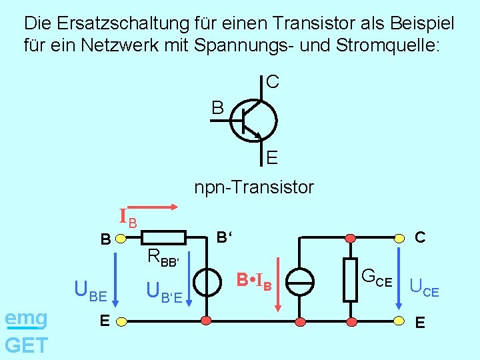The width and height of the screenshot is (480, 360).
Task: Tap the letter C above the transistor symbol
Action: (272, 82)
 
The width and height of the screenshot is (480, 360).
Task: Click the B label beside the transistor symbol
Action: (218, 107)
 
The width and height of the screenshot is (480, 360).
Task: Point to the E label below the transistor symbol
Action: (272, 158)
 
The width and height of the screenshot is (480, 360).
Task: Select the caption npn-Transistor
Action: (253, 187)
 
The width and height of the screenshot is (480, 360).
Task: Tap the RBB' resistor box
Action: (164, 237)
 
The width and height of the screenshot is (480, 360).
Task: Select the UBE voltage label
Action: (91, 290)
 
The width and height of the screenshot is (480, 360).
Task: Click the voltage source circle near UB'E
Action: (207, 283)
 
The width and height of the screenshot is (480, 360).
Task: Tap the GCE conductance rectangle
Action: (350, 280)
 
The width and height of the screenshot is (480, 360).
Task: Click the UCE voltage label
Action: (424, 289)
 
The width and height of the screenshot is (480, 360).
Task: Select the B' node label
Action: (225, 237)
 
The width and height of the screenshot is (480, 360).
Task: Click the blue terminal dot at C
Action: (398, 237)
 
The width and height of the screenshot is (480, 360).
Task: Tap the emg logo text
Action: (25, 319)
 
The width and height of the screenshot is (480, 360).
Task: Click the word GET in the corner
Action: (26, 345)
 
